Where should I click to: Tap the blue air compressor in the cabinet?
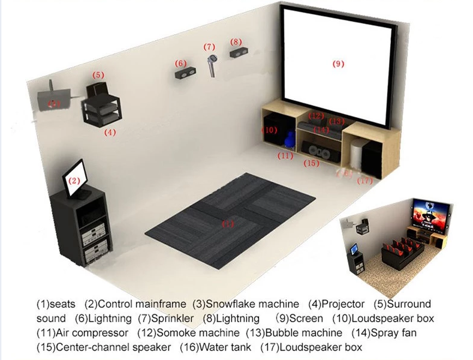pos(290,139)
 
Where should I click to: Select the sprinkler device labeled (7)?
pos(212,64)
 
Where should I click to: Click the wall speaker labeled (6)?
pos(184,74)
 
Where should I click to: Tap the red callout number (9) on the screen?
pos(338,63)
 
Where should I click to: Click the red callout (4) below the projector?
pos(110,131)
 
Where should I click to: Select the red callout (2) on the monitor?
pos(74,180)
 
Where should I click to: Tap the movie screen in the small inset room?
pos(430,214)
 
